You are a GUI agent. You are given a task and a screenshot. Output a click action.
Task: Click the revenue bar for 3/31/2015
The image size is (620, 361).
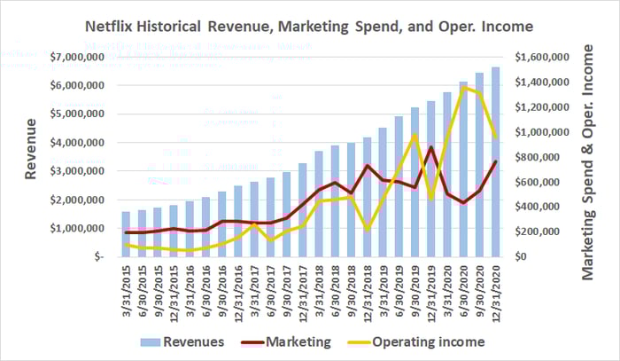click(126, 233)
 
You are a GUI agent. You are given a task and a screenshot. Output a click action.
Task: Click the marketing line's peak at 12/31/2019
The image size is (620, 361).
click(430, 147)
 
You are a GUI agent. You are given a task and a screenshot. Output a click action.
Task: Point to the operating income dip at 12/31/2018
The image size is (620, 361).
click(367, 230)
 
